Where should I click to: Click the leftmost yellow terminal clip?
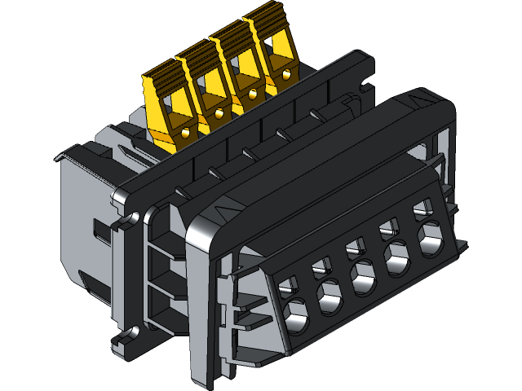click(x=167, y=106)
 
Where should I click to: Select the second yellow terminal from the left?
click(x=204, y=90)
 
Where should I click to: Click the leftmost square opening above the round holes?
click(x=285, y=284)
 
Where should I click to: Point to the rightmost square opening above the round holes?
click(x=422, y=208)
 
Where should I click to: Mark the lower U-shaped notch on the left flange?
click(x=122, y=334)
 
